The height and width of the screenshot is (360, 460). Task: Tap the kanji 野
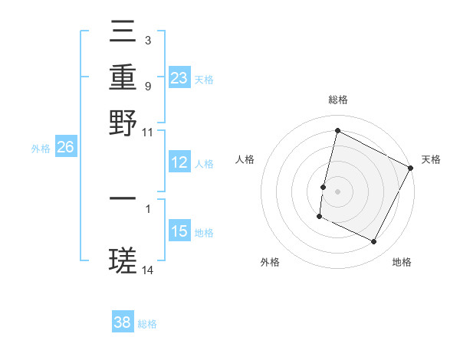point(123,123)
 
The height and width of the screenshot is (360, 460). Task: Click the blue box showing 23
point(179,78)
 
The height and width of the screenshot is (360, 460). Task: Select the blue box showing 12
point(179,162)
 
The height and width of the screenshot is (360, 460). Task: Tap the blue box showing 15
point(179,231)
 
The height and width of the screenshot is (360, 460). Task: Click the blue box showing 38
point(123,322)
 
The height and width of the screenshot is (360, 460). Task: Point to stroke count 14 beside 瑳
point(148,270)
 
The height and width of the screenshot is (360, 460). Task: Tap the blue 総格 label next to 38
point(147,324)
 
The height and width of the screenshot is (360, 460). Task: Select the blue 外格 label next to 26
point(41,149)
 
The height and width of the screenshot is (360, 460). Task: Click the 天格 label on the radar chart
point(431,159)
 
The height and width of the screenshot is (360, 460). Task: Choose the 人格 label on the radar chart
point(245,159)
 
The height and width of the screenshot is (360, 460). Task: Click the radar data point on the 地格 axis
point(374,242)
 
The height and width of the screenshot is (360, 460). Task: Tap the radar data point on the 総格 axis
point(337,131)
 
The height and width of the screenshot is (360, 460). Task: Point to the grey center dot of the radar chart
point(337,191)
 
